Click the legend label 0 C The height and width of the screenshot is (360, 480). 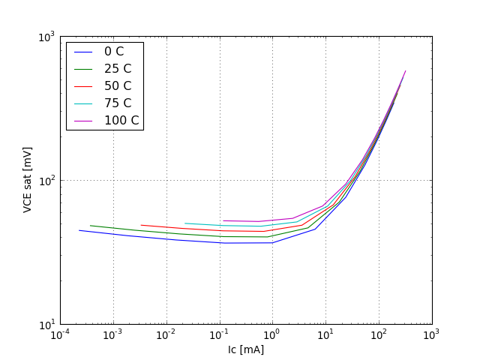(x=114, y=52)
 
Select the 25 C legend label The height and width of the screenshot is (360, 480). (x=117, y=69)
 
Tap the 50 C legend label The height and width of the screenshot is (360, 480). (x=117, y=86)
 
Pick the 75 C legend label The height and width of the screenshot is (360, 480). (x=117, y=103)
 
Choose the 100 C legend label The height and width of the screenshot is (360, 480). (x=121, y=121)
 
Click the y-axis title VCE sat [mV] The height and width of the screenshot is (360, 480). (x=28, y=180)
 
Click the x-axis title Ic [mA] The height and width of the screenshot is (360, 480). (x=246, y=349)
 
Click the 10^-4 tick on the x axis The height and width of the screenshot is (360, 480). (x=60, y=334)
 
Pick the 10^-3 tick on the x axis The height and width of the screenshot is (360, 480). (x=113, y=334)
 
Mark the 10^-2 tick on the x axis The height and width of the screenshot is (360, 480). (x=166, y=334)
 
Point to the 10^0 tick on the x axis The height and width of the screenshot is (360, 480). (x=272, y=334)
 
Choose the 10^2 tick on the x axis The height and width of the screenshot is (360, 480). (x=379, y=334)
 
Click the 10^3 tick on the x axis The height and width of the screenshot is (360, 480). (x=431, y=334)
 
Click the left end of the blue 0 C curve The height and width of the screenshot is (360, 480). (x=79, y=230)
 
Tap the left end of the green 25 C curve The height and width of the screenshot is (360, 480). (x=90, y=225)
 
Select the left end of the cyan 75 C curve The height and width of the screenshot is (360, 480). (x=185, y=223)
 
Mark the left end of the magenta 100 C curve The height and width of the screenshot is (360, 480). (x=223, y=220)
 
